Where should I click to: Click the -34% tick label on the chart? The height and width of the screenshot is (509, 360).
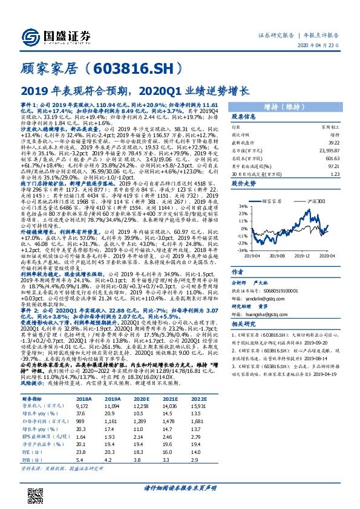click(241, 250)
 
